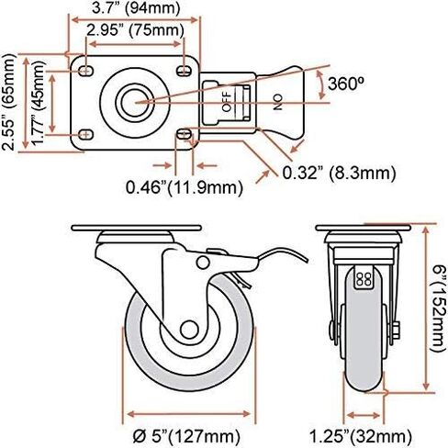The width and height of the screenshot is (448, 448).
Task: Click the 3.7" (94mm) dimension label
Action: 136,8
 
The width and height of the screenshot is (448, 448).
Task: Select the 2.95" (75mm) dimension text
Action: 135,30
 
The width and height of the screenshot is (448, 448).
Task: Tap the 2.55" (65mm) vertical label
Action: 8,102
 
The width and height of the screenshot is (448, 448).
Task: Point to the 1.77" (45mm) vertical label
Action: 39,103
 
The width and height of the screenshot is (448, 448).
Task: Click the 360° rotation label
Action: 346,84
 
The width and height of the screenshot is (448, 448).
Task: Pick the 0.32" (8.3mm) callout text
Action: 339,173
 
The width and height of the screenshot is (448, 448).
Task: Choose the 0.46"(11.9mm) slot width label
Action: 185,187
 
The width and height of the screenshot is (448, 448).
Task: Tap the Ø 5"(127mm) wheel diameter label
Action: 186,436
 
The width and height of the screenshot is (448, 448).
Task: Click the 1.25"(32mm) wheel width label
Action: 361,436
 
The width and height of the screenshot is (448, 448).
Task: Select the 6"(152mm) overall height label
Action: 438,309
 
